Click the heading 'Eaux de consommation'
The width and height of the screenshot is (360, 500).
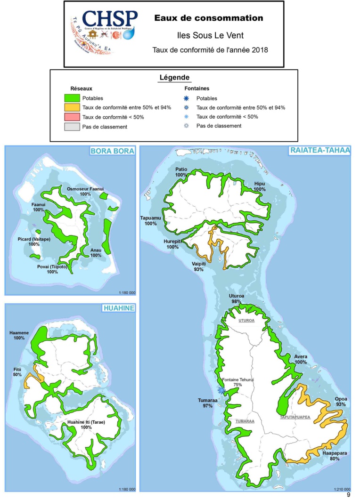[208, 18]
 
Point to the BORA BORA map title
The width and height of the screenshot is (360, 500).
[113, 151]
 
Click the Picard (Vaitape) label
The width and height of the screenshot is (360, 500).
[33, 242]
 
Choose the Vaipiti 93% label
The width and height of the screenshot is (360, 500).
[197, 266]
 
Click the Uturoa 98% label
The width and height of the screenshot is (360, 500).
[236, 298]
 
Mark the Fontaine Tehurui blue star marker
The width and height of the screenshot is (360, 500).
[221, 390]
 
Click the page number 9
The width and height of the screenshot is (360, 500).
[349, 495]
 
